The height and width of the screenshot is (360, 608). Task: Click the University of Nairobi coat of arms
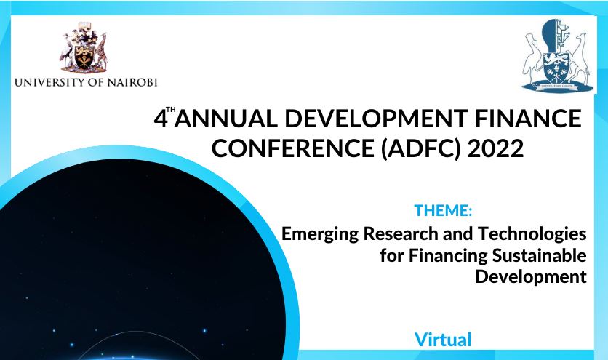pos(84,47)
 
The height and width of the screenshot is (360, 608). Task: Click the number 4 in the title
pos(161,119)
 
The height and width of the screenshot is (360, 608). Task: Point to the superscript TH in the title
pos(171,109)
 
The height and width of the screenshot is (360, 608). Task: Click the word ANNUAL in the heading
pos(225,119)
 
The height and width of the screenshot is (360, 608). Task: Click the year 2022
pos(495,148)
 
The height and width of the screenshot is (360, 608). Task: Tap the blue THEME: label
pos(443,210)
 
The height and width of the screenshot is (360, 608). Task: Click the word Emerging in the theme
pos(320,234)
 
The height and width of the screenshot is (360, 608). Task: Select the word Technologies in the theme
pos(532,233)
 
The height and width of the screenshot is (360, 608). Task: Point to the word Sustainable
pos(539,255)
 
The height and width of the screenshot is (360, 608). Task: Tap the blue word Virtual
pos(443,340)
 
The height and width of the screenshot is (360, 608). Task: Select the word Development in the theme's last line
pos(531,277)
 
